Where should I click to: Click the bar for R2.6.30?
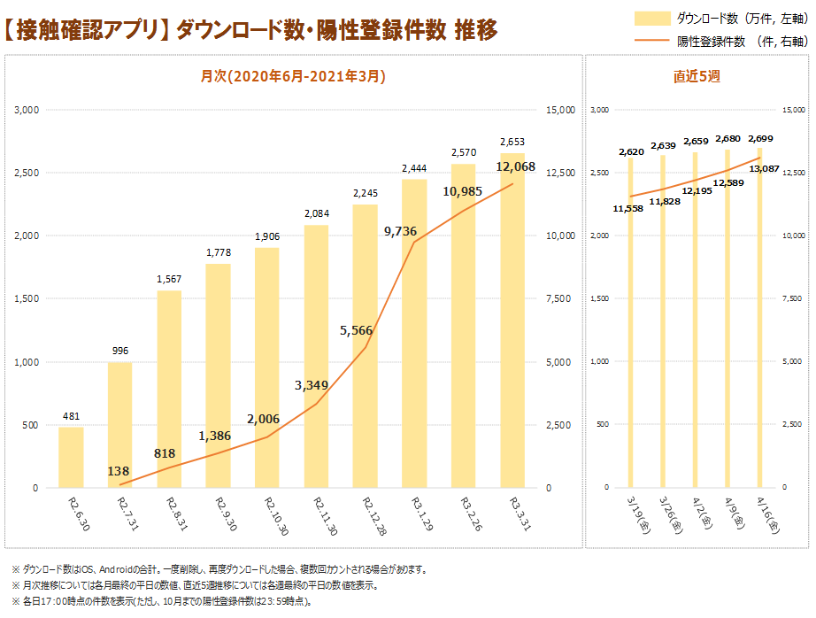[x=71, y=457]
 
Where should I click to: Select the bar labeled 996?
[x=120, y=425]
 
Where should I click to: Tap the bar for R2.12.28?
[x=365, y=345]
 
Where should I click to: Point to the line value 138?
[x=119, y=472]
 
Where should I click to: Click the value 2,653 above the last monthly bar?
[x=512, y=142]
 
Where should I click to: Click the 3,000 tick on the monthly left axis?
[x=27, y=110]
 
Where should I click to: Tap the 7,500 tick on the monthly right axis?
[x=562, y=298]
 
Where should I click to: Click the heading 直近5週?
[x=697, y=77]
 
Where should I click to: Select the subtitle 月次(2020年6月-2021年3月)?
[x=293, y=77]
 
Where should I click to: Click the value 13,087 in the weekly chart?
[x=764, y=168]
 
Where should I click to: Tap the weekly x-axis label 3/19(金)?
[x=634, y=514]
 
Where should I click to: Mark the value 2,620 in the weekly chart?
[x=630, y=151]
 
